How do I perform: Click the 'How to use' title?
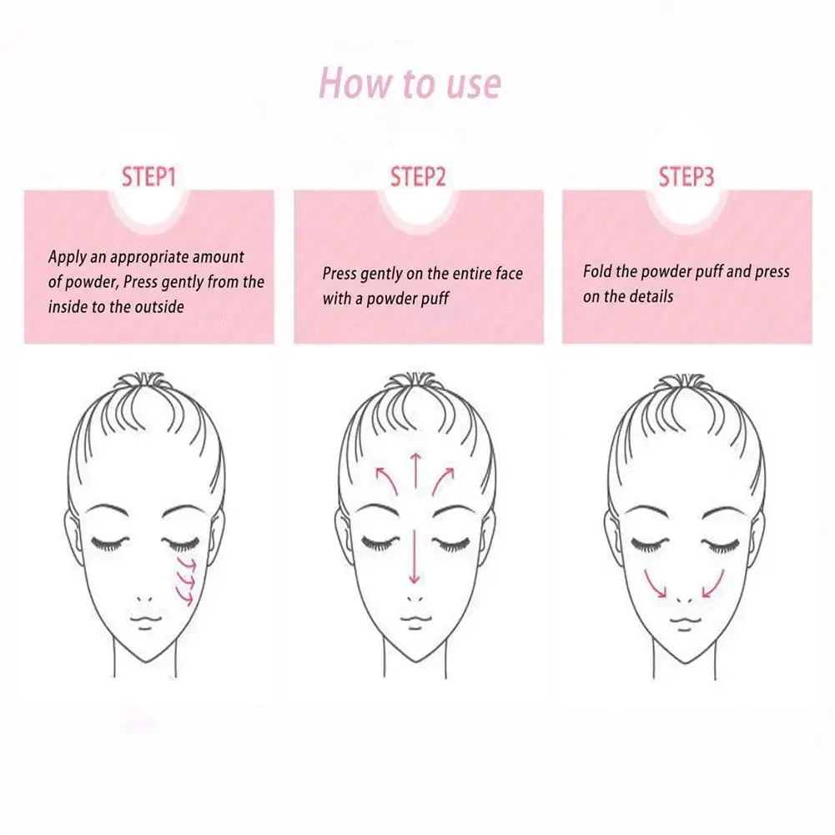coord(410,83)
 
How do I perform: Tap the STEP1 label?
coord(148,178)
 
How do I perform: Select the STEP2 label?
coord(418,177)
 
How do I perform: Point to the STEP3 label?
coord(687,177)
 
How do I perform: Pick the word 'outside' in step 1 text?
coord(159,307)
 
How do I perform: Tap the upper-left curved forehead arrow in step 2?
coord(387,480)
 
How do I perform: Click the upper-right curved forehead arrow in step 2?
coord(443,480)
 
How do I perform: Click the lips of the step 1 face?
coord(145,621)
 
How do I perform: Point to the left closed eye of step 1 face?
coord(110,543)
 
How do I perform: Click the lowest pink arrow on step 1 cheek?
coord(186,599)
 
